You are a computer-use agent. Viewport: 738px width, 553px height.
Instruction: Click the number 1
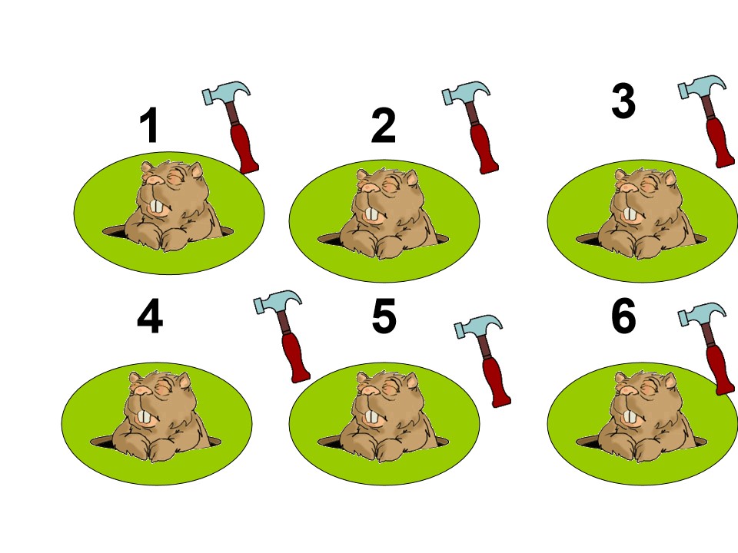149,125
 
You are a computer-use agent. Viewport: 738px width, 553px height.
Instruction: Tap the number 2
383,125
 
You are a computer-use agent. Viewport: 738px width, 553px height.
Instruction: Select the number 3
623,101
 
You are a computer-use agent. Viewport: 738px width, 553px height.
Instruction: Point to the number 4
150,316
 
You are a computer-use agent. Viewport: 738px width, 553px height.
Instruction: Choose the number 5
384,316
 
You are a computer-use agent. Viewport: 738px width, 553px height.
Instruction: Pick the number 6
624,316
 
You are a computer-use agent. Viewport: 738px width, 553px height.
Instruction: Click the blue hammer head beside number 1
226,93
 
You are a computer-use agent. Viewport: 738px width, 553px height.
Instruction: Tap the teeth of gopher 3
630,214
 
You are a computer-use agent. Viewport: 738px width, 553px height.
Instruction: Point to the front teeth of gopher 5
372,417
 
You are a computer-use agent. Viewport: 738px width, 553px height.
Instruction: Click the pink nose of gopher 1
154,180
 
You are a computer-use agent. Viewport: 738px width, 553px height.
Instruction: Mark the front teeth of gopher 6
630,417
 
